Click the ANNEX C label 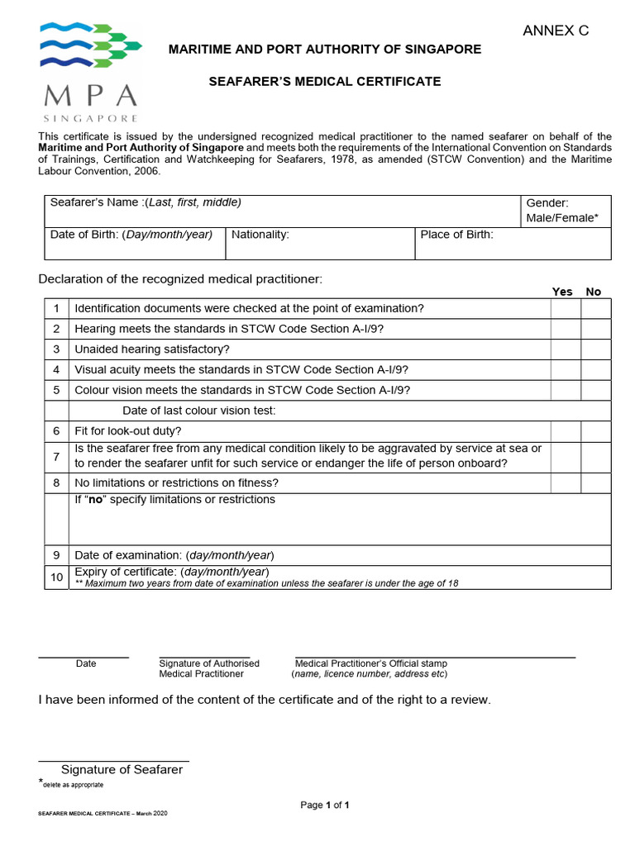[556, 31]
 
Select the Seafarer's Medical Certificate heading [324, 82]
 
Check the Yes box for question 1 [566, 308]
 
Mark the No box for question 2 [595, 329]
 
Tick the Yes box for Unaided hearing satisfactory [566, 349]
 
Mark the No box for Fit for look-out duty [595, 431]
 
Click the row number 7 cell [56, 457]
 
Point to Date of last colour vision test [199, 411]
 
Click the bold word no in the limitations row [98, 500]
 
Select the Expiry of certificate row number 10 [56, 577]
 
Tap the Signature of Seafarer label [122, 770]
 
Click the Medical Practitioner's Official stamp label [371, 663]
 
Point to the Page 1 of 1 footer [325, 805]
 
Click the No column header [593, 292]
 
